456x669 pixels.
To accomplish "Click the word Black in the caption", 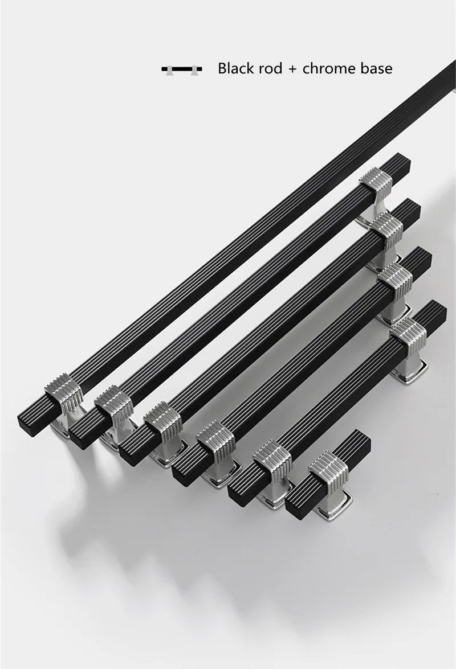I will click(237, 68).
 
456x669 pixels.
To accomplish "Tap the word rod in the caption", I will click(271, 69).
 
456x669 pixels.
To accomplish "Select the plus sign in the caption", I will click(292, 69).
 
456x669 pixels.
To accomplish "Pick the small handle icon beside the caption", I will click(182, 69).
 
